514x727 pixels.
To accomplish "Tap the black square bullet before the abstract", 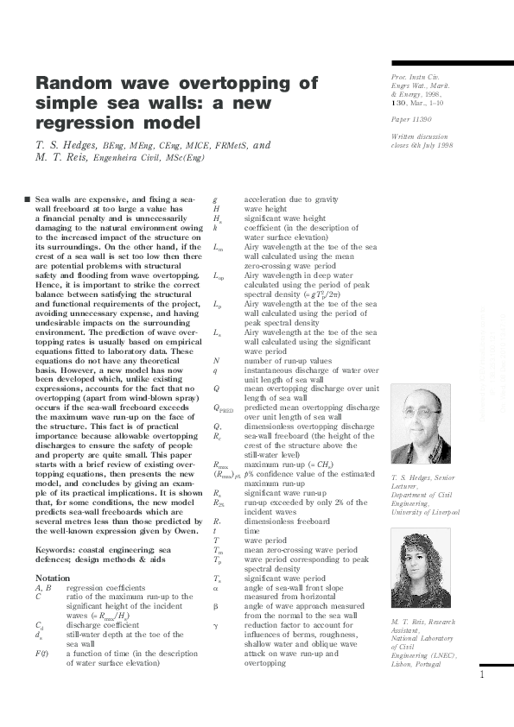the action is click(x=29, y=199).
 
